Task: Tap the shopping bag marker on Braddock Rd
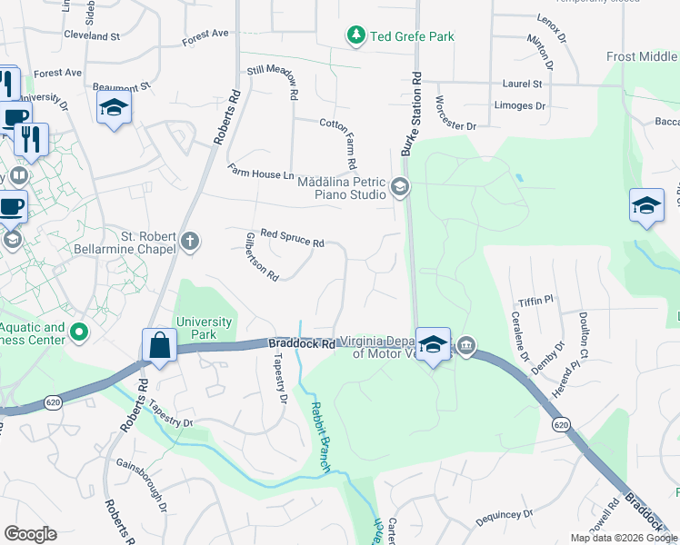(x=160, y=346)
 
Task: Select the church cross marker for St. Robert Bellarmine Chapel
(x=189, y=241)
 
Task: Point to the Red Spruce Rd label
(x=292, y=238)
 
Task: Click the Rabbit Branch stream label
(x=319, y=437)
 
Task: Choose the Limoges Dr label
(x=520, y=105)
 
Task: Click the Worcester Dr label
(x=455, y=113)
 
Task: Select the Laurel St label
(x=522, y=84)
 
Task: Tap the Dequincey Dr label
(x=504, y=515)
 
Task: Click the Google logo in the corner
(x=31, y=534)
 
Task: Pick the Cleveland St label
(x=92, y=36)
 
